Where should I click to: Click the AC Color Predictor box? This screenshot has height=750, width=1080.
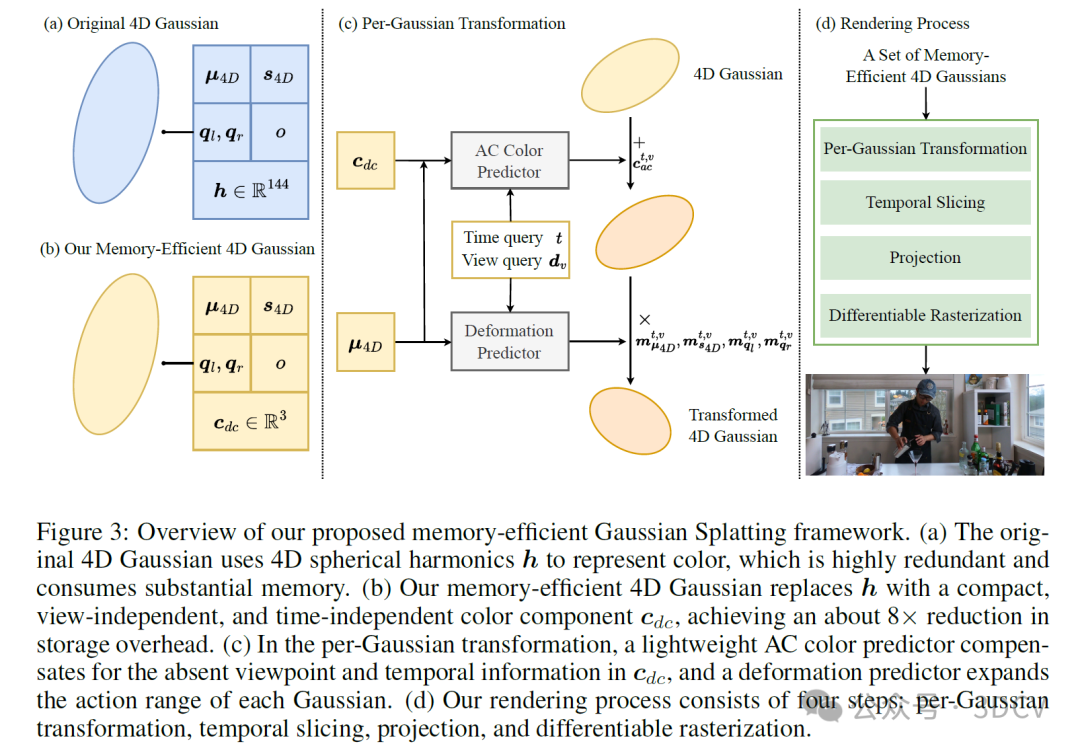pyautogui.click(x=509, y=161)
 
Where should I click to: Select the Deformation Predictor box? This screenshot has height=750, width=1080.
pyautogui.click(x=509, y=342)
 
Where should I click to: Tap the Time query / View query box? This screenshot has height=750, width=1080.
pyautogui.click(x=511, y=249)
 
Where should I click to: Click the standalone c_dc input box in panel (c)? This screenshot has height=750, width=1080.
pyautogui.click(x=366, y=160)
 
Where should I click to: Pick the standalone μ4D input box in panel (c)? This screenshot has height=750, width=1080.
pyautogui.click(x=366, y=346)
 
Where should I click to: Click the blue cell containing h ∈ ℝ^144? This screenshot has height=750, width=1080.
pyautogui.click(x=250, y=189)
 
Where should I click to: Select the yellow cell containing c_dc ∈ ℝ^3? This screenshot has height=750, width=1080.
pyautogui.click(x=250, y=421)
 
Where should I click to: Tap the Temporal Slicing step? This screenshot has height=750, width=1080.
pyautogui.click(x=925, y=203)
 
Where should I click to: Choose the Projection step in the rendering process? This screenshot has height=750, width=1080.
pyautogui.click(x=925, y=258)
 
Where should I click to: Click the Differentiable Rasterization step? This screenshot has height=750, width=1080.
pyautogui.click(x=925, y=315)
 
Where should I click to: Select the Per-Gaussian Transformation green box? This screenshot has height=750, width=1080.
pyautogui.click(x=925, y=149)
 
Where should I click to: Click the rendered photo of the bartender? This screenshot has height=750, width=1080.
pyautogui.click(x=925, y=424)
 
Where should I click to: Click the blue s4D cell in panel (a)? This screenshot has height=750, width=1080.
pyautogui.click(x=279, y=76)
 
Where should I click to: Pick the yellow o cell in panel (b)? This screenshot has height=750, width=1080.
pyautogui.click(x=279, y=363)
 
